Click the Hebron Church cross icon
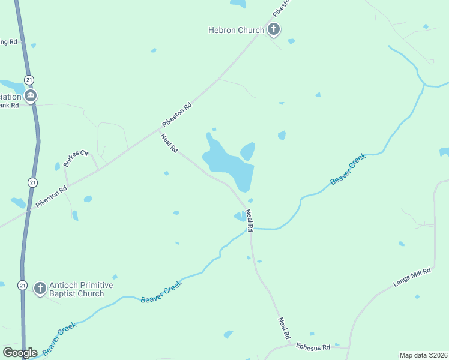coord(274,29)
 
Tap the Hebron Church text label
coord(236,30)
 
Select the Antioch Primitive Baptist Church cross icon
coord(40,289)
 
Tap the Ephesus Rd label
coord(313,347)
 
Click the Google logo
coord(20,353)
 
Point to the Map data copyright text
coord(424,355)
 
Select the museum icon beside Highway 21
coord(30,95)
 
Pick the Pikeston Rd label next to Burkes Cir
coord(51,196)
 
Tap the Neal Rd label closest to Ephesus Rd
coord(283,328)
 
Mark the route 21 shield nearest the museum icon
coord(29,80)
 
